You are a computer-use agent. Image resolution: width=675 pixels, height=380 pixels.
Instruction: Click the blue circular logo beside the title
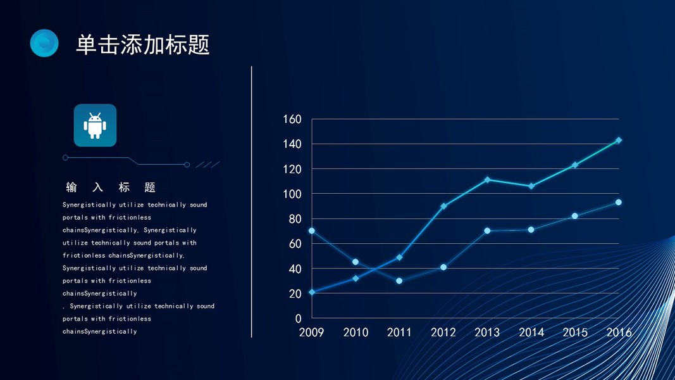point(44,43)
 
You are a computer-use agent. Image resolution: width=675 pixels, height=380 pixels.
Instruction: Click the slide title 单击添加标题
point(142,44)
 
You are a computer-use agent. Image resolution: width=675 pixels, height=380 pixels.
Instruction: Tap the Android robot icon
point(95,125)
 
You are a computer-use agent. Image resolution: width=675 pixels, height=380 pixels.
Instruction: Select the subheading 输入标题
point(111,187)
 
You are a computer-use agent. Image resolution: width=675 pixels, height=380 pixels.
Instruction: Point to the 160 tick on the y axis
point(292,119)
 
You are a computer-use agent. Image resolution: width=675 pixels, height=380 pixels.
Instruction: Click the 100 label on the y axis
point(292,194)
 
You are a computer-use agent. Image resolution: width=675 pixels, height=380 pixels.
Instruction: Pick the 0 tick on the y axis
point(299,319)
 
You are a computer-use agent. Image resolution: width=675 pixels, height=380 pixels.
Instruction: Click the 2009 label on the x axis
point(311,332)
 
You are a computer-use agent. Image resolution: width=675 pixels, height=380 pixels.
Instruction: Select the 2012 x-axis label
point(443,332)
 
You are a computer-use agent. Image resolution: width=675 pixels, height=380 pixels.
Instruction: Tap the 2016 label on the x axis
point(619,332)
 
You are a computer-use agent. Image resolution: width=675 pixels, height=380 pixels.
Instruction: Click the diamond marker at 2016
point(619,141)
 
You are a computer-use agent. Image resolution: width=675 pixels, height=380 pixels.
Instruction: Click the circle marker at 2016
point(619,203)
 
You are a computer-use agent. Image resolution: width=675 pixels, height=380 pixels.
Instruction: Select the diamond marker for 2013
point(487,180)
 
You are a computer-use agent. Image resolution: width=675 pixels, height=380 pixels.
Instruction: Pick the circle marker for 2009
point(312,231)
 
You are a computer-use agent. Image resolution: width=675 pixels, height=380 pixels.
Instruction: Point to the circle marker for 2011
point(399,281)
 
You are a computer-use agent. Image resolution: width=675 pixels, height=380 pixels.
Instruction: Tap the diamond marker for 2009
point(312,292)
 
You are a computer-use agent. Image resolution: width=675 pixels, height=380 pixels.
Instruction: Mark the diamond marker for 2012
point(443,206)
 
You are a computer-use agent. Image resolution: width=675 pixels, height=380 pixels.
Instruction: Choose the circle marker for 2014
point(531,229)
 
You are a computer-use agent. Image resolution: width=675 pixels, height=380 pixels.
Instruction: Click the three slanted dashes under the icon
point(207,165)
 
